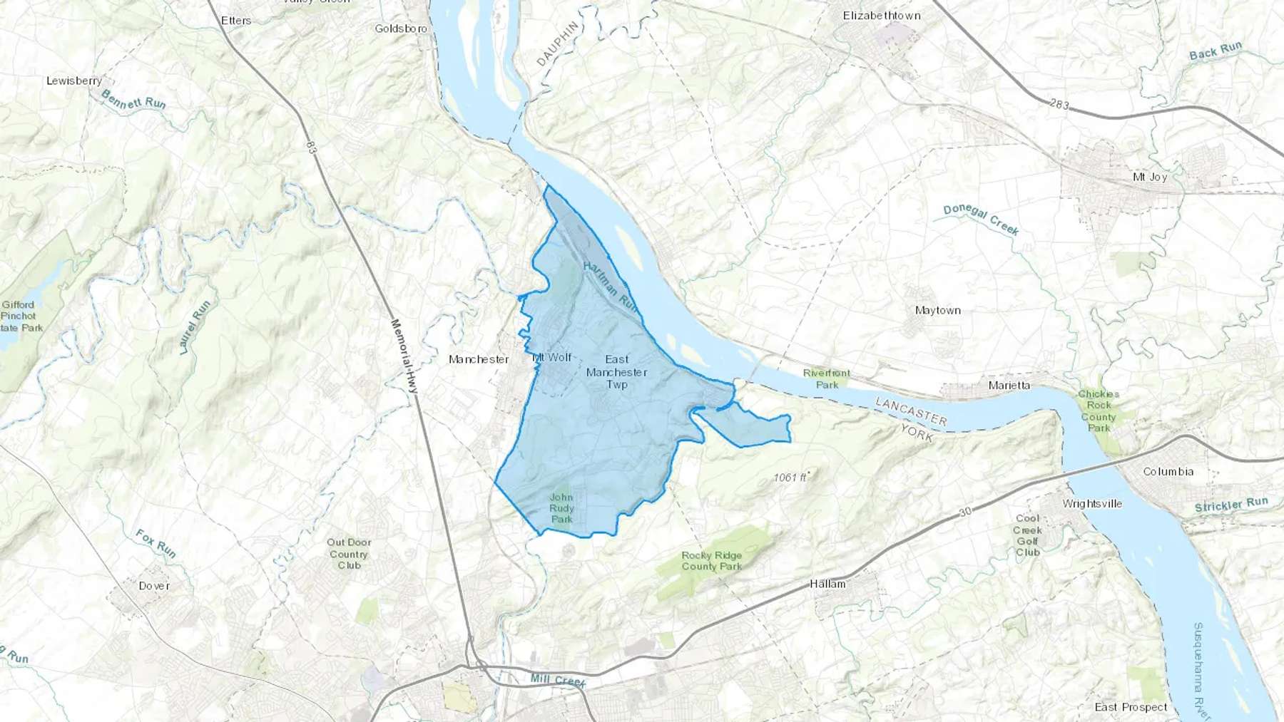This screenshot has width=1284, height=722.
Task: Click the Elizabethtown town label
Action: tap(882, 16)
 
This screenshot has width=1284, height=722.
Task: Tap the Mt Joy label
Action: tap(1150, 177)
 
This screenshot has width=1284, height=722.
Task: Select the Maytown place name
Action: tap(937, 310)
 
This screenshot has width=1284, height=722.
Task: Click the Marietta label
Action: tap(1009, 386)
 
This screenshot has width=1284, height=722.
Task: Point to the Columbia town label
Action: tap(1168, 472)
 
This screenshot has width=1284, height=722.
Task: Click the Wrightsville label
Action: tap(1092, 504)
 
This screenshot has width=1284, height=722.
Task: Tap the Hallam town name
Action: tap(827, 584)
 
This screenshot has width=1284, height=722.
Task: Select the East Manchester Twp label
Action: tap(617, 372)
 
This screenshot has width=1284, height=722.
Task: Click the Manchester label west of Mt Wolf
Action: tap(479, 359)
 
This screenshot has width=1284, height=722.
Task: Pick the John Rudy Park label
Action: tap(561, 508)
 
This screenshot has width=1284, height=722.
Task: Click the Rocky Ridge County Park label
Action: tap(711, 561)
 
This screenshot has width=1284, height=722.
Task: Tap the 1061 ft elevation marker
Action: tap(790, 478)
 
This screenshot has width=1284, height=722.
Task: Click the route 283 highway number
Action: tap(1059, 104)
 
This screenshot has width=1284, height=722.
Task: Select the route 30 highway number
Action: tap(965, 512)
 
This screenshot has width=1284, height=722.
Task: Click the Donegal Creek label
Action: tap(981, 220)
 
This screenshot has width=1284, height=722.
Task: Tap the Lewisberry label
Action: tap(74, 81)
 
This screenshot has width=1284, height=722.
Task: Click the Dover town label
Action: tap(154, 586)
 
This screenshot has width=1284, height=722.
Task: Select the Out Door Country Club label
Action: tap(349, 554)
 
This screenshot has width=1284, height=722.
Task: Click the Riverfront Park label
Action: tap(827, 378)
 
